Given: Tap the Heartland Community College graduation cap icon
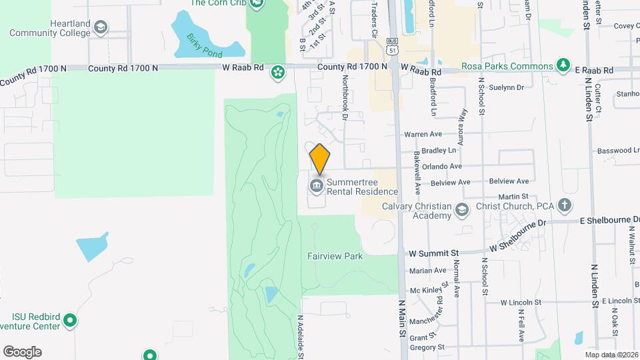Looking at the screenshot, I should [x=101, y=27].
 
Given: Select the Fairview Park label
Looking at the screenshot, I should [x=334, y=256].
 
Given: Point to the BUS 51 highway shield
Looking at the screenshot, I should [x=392, y=45].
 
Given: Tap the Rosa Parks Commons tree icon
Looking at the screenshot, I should [x=564, y=65].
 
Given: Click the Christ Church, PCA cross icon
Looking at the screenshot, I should [x=565, y=205].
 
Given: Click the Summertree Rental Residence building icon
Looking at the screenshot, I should [x=316, y=185].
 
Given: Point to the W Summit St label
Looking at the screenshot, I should [x=435, y=253].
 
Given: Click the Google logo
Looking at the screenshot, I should [x=22, y=351].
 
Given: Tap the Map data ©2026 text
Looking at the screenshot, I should [x=611, y=355].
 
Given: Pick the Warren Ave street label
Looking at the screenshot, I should [x=419, y=135].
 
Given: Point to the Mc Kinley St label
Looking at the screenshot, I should [x=427, y=290].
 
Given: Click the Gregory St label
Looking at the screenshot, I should [x=427, y=347].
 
